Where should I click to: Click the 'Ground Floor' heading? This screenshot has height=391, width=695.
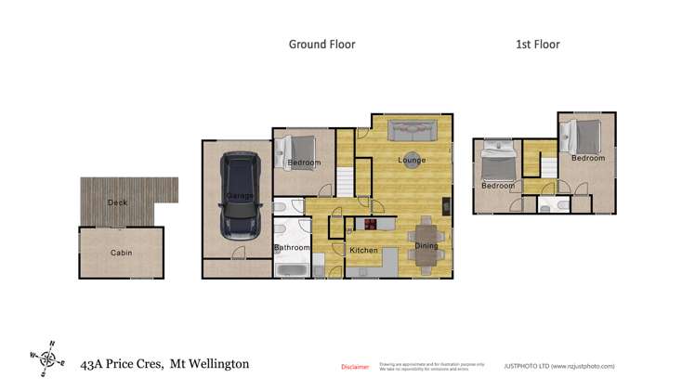[x=321, y=44]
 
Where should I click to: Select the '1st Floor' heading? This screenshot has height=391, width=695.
[x=537, y=44]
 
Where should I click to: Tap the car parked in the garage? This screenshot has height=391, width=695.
[x=241, y=196]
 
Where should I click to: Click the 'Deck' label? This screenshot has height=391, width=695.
[x=117, y=202]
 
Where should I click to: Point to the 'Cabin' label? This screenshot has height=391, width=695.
[x=121, y=253]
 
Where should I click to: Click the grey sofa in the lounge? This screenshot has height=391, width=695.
[x=413, y=132]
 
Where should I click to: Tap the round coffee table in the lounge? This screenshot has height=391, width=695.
[x=412, y=157]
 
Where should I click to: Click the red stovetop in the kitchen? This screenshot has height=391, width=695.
[x=372, y=224]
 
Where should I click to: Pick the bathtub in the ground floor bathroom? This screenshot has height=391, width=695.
[x=293, y=270]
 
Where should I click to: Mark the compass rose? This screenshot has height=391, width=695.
[x=47, y=357]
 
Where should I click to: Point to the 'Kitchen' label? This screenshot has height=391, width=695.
[x=363, y=251]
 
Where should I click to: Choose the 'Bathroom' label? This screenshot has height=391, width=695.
[x=291, y=247]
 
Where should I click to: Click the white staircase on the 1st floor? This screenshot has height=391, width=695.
[x=549, y=167]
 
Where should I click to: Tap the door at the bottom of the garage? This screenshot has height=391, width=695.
[x=238, y=254]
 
